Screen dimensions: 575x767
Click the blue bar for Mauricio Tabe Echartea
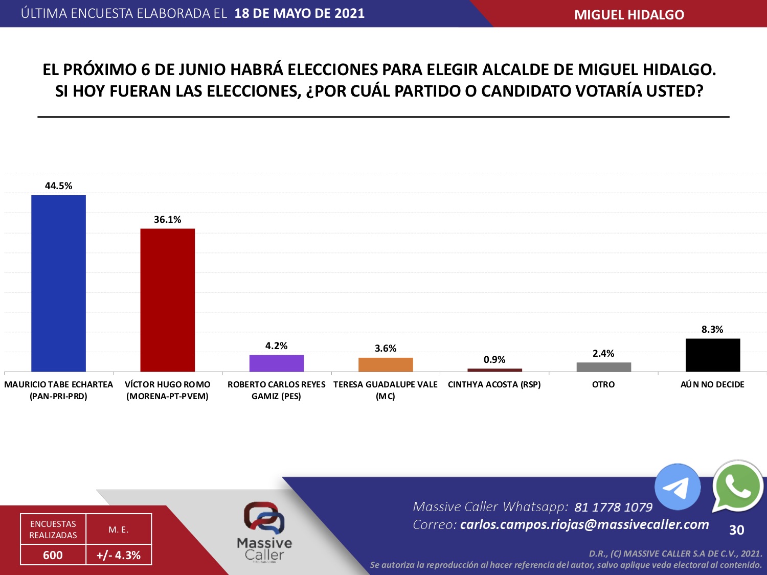click(x=58, y=283)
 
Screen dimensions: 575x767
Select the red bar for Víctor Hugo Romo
click(x=167, y=300)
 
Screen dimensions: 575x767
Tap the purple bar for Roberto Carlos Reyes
click(x=276, y=363)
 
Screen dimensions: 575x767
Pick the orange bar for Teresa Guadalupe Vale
click(x=386, y=364)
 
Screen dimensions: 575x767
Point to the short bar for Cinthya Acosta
click(x=494, y=370)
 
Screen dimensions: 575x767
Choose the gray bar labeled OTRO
click(x=603, y=366)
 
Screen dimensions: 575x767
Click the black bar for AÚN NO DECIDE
click(x=712, y=355)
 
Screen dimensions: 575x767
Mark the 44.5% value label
click(x=58, y=186)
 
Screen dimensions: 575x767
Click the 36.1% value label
click(x=167, y=220)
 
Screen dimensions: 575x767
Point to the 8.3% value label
click(x=712, y=330)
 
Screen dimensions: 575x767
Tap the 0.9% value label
click(x=494, y=360)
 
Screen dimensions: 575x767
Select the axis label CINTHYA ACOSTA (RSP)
click(x=494, y=384)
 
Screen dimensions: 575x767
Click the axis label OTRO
click(x=603, y=384)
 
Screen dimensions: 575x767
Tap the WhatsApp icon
click(x=737, y=486)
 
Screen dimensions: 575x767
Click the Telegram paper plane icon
click(x=677, y=487)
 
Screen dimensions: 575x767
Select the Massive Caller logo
click(x=264, y=532)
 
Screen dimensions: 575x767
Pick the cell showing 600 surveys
click(x=53, y=555)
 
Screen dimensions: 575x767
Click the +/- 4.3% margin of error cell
click(x=119, y=555)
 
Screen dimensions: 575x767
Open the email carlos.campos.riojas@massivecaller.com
click(x=584, y=524)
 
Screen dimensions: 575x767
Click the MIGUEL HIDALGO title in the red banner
click(x=629, y=15)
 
